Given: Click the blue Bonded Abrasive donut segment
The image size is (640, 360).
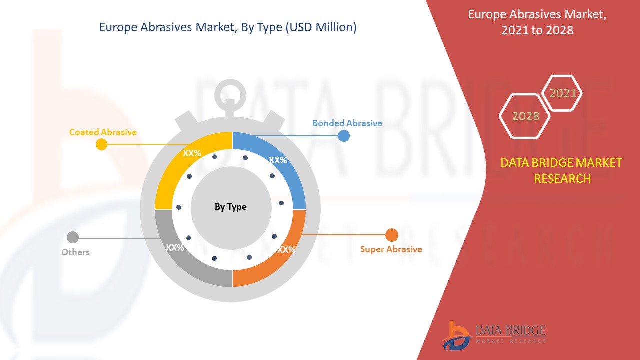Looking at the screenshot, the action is (281, 160).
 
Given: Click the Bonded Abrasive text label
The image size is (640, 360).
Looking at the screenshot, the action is (347, 123).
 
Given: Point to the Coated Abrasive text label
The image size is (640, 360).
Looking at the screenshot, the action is (103, 132).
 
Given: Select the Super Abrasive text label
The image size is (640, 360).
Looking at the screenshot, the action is (391, 249).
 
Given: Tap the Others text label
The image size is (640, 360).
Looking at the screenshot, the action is (75, 252).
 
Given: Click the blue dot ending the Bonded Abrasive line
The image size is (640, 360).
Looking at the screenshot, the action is (343, 136).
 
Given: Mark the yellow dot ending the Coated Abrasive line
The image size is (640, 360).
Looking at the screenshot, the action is (101, 144).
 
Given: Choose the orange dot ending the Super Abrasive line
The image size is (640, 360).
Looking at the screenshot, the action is (391, 235).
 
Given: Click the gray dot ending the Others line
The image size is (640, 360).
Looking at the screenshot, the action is (73, 237).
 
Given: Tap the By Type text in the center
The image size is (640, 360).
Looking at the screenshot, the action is (231, 207).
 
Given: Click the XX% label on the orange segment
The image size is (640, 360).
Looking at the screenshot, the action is (286, 250).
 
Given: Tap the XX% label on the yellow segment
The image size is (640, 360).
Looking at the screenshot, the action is (192, 153).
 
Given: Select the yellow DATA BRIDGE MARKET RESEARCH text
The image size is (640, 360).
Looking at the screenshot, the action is (561, 171).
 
